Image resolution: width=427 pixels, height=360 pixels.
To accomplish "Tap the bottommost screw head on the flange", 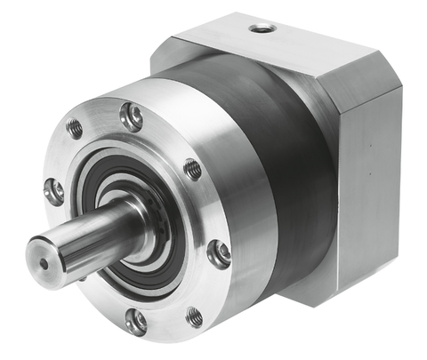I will (135, 321).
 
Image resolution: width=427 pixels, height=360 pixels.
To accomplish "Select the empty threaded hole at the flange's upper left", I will (75, 129).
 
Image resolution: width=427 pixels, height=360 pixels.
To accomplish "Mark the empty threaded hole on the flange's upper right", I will (192, 168).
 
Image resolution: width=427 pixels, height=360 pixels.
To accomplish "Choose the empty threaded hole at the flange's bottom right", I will (193, 315).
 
